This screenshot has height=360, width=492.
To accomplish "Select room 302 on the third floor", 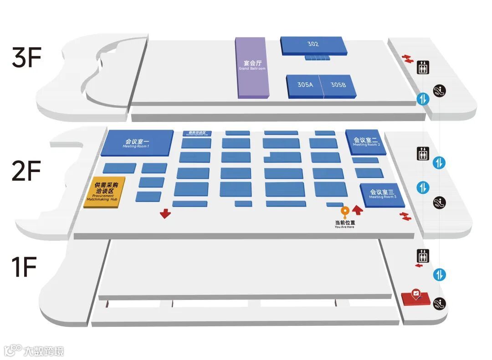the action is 313,46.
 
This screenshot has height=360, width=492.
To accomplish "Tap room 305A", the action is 304,86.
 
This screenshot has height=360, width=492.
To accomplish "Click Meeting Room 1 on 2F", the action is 137,142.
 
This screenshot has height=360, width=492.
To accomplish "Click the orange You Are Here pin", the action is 345,212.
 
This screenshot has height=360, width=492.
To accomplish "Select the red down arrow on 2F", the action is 165,213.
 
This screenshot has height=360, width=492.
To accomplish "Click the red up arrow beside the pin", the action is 358,210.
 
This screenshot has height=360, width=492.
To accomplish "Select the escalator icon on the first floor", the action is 440,302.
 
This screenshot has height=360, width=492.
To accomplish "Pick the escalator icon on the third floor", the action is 440,90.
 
